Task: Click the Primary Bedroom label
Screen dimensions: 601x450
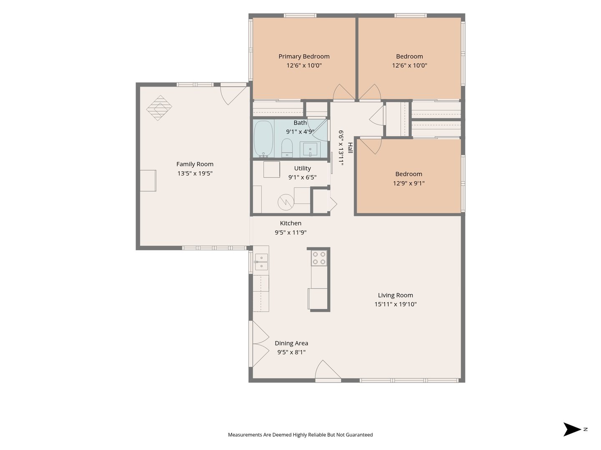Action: click(x=304, y=57)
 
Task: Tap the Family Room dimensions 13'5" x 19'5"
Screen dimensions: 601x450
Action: click(x=195, y=173)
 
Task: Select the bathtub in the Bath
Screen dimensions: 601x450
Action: click(x=263, y=139)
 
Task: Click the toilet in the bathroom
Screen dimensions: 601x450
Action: click(x=287, y=148)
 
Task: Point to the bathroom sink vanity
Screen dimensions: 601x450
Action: click(x=310, y=150)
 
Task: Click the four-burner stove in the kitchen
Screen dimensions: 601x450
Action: click(x=319, y=258)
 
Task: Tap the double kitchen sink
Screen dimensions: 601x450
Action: click(x=261, y=262)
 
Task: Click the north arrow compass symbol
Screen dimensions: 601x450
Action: click(x=573, y=429)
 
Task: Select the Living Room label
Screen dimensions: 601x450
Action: click(x=395, y=295)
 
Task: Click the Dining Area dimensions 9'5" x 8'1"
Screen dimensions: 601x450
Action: click(x=291, y=352)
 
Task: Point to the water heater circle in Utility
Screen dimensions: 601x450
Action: click(x=286, y=202)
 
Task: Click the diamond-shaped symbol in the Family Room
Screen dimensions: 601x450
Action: click(x=159, y=108)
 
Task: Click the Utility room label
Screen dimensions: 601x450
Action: click(x=302, y=168)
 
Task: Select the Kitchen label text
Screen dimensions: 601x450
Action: click(x=290, y=223)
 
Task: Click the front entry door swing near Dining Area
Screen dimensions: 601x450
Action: click(x=328, y=370)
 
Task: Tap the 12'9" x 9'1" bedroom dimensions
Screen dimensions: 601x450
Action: click(x=409, y=183)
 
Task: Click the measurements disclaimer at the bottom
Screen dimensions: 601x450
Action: click(x=300, y=435)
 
